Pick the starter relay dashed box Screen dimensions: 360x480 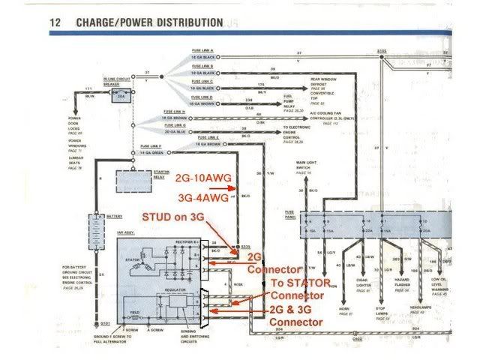[133, 180]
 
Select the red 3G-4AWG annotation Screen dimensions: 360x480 [200, 196]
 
